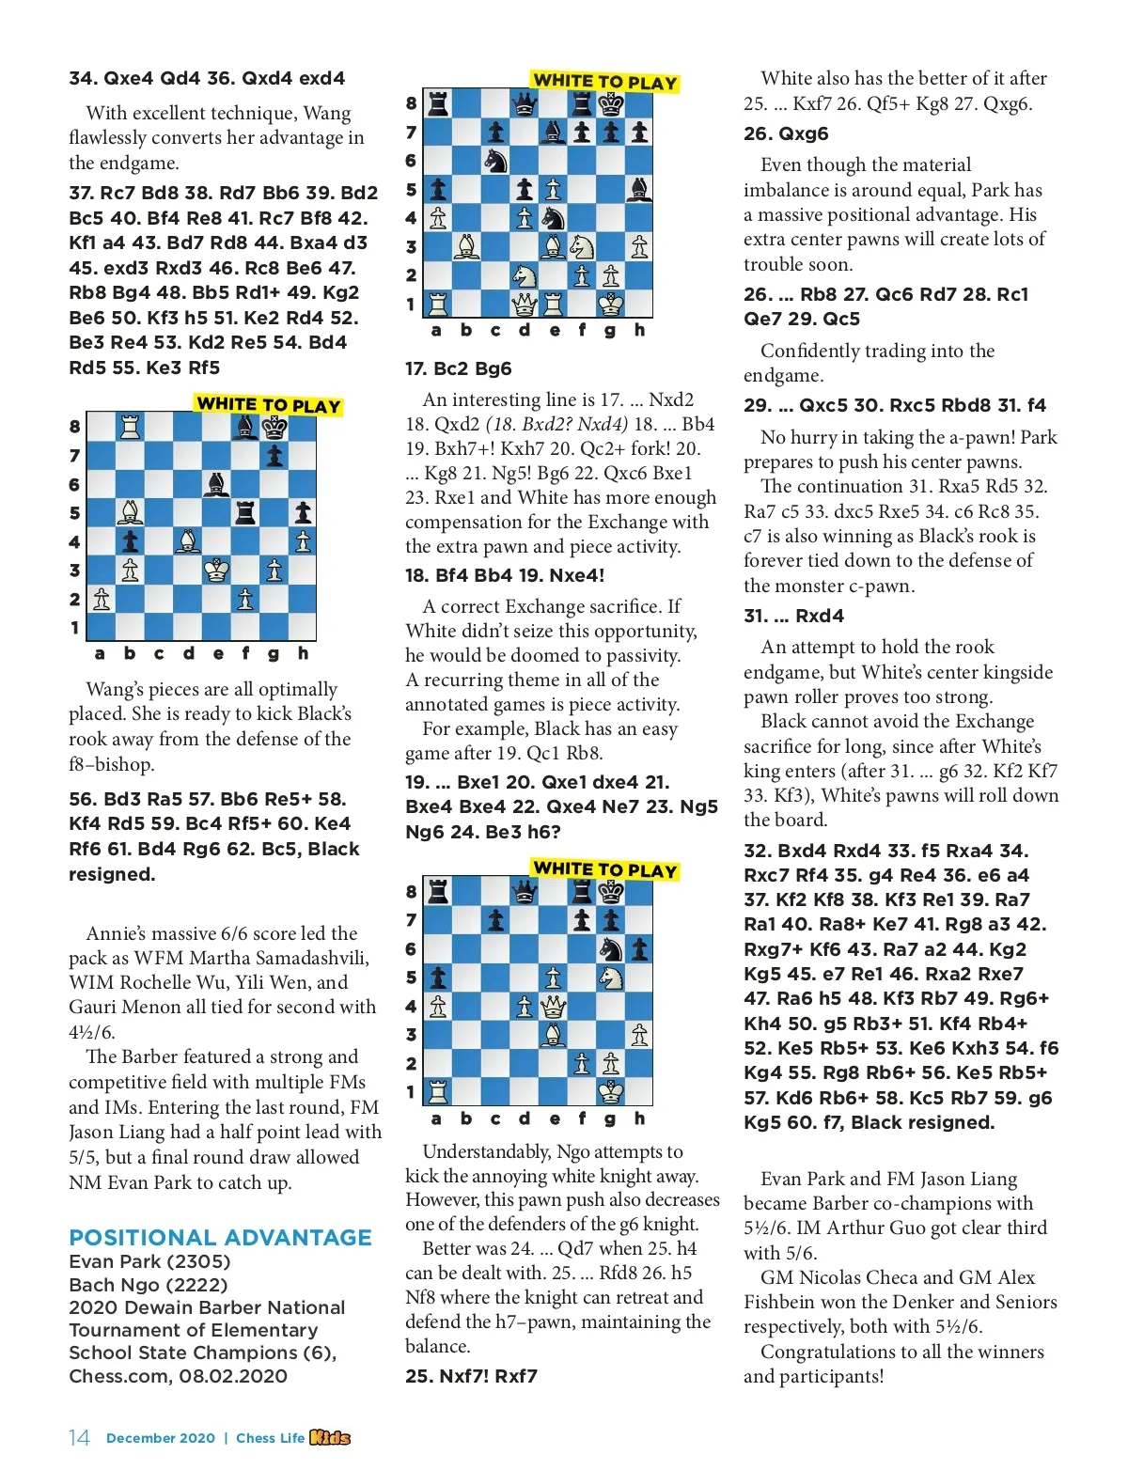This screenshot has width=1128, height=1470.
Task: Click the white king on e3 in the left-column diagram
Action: click(x=216, y=570)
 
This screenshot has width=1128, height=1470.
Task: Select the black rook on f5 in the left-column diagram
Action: click(x=245, y=513)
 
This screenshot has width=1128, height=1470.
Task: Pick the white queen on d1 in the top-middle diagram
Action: click(x=525, y=304)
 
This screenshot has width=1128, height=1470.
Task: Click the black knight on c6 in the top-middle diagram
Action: click(x=495, y=161)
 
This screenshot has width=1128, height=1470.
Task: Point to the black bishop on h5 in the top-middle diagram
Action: click(x=639, y=190)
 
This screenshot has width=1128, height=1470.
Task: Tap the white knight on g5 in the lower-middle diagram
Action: click(x=611, y=977)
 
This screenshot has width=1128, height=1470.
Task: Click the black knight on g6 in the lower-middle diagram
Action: click(x=611, y=949)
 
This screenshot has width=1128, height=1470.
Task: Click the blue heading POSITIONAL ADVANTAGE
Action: click(x=221, y=1237)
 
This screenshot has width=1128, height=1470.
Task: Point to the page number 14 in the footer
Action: click(x=79, y=1438)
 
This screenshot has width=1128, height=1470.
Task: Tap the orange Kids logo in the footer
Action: click(x=330, y=1437)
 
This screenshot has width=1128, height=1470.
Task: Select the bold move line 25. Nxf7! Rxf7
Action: click(x=471, y=1376)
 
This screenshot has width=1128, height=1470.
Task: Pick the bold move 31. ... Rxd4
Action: click(x=793, y=616)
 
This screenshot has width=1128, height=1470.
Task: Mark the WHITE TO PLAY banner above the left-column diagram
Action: click(x=268, y=405)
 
